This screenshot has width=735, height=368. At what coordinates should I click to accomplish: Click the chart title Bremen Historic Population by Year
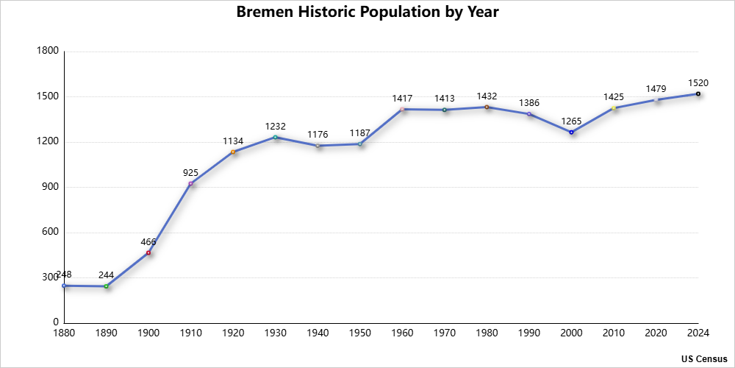(367, 13)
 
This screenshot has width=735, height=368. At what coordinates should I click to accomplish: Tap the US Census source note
(703, 358)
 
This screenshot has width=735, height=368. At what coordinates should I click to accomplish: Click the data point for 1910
(191, 183)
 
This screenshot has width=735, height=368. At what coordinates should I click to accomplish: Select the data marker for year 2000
(571, 132)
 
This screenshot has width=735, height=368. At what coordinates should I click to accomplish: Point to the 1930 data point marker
(276, 137)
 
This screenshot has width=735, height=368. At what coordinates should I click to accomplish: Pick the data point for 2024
(698, 94)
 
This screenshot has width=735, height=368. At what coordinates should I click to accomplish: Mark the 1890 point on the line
(107, 286)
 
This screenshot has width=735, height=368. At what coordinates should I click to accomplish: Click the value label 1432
(487, 96)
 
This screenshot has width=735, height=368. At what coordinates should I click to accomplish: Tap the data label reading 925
(191, 173)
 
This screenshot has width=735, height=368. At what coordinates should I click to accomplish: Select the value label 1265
(571, 121)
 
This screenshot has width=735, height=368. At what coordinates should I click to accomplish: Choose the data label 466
(148, 242)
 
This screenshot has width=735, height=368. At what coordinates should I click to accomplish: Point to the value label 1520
(698, 83)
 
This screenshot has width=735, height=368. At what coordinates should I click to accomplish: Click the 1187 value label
(360, 133)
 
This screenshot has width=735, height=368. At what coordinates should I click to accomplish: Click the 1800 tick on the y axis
(48, 52)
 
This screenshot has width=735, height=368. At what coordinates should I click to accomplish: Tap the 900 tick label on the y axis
(51, 187)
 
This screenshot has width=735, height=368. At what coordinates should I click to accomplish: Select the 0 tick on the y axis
(56, 322)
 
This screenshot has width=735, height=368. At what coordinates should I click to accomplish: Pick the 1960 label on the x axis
(402, 333)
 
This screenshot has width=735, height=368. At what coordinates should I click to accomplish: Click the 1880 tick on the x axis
(64, 333)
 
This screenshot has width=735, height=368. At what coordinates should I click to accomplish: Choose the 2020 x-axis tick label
(656, 333)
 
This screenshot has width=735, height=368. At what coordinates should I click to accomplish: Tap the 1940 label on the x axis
(318, 333)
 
